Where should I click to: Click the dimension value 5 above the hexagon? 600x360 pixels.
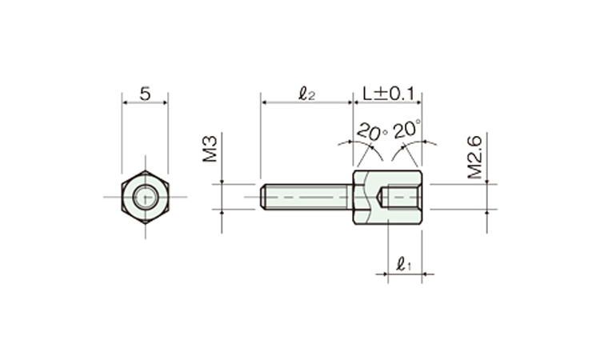pyautogui.click(x=145, y=94)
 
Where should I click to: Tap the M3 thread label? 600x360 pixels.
pyautogui.click(x=210, y=149)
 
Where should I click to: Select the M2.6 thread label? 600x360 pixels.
pyautogui.click(x=475, y=158)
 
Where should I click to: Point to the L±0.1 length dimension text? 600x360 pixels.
pyautogui.click(x=388, y=94)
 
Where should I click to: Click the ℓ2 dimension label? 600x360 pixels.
pyautogui.click(x=307, y=94)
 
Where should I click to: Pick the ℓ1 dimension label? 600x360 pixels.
pyautogui.click(x=404, y=264)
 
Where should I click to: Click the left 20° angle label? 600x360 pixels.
pyautogui.click(x=371, y=132)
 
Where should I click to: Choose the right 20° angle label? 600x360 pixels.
pyautogui.click(x=407, y=129)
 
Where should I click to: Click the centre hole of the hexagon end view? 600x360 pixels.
pyautogui.click(x=145, y=197)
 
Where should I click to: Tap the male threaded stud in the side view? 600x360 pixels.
pyautogui.click(x=306, y=197)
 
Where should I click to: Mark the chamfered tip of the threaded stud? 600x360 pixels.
pyautogui.click(x=263, y=197)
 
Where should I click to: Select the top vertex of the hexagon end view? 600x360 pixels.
pyautogui.click(x=146, y=170)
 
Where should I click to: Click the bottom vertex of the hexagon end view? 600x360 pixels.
pyautogui.click(x=146, y=224)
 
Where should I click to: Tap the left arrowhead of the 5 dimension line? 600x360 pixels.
pyautogui.click(x=125, y=102)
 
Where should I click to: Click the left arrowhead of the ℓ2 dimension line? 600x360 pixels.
pyautogui.click(x=264, y=102)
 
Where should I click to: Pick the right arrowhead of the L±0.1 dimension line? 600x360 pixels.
pyautogui.click(x=418, y=102)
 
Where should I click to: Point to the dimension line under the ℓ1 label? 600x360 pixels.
pyautogui.click(x=405, y=274)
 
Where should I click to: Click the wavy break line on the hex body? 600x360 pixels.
pyautogui.click(x=367, y=197)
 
